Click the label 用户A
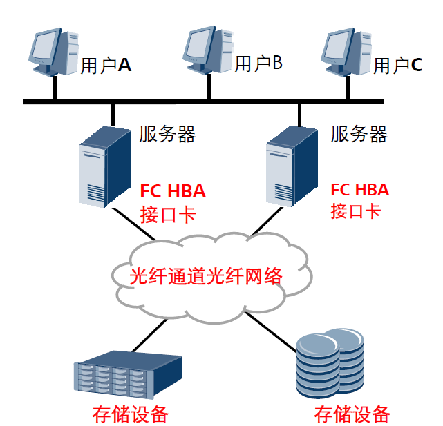tap(106, 66)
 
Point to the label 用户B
tap(258, 64)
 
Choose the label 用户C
tap(397, 66)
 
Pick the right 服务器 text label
tap(359, 133)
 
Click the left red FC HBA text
tap(173, 191)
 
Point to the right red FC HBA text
tap(359, 189)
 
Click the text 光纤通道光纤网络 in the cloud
tap(207, 275)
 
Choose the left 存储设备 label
tap(131, 414)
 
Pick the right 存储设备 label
tap(352, 414)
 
